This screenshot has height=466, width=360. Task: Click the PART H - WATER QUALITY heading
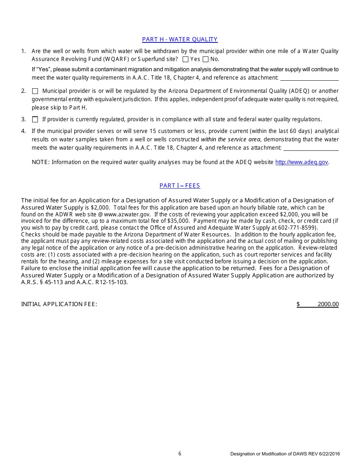180,39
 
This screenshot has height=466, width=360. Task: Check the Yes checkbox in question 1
186,59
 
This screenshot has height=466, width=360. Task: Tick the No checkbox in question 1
206,59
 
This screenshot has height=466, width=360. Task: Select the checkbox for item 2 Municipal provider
35,91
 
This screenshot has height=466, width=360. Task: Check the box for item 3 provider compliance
35,120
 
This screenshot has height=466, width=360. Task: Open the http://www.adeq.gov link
301,162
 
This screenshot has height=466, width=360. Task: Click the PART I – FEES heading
180,186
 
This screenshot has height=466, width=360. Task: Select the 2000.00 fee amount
328,304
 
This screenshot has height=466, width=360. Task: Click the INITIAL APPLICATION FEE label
59,304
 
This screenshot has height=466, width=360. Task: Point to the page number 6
180,454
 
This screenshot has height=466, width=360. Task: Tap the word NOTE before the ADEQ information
40,162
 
